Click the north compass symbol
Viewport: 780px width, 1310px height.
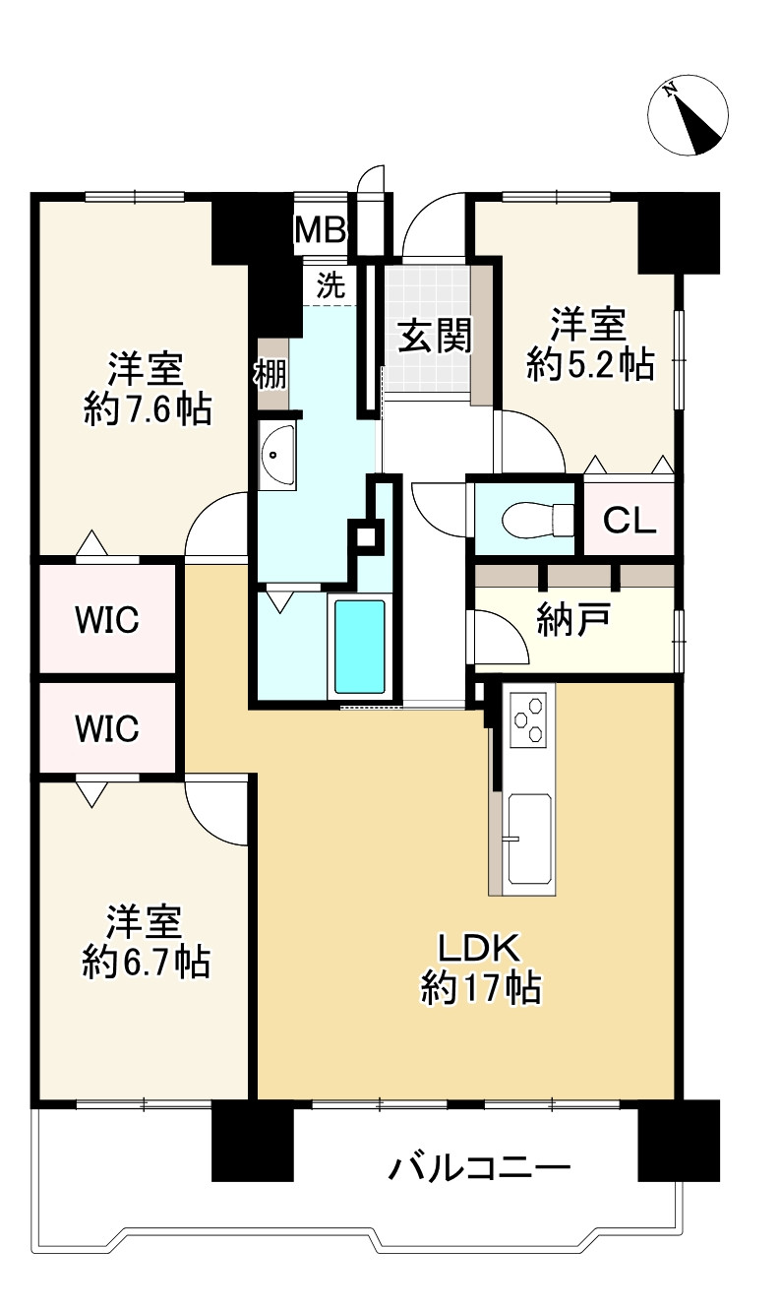pyautogui.click(x=689, y=115)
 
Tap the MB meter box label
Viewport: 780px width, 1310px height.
pyautogui.click(x=321, y=230)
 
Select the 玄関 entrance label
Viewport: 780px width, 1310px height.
pyautogui.click(x=435, y=336)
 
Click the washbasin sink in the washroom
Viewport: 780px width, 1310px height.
pyautogui.click(x=276, y=455)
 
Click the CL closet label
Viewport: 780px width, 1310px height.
pyautogui.click(x=629, y=520)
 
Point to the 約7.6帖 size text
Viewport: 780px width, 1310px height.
pyautogui.click(x=148, y=408)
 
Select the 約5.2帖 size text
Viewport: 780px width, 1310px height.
pyautogui.click(x=590, y=365)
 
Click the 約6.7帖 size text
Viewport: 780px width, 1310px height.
pyautogui.click(x=146, y=961)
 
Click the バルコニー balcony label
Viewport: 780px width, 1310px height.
pyautogui.click(x=479, y=1168)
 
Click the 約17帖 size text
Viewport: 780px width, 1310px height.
pyautogui.click(x=480, y=987)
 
